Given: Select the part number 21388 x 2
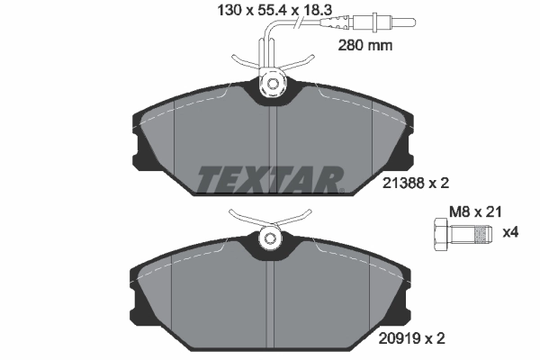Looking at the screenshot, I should pyautogui.click(x=409, y=184).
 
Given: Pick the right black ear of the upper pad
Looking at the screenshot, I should pyautogui.click(x=401, y=135).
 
